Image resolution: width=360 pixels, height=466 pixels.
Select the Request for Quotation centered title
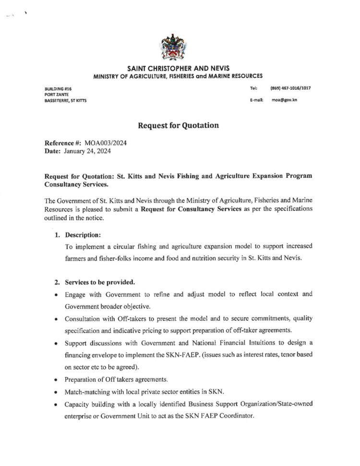tap(178, 125)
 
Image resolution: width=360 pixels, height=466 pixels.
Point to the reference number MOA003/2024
tap(105, 143)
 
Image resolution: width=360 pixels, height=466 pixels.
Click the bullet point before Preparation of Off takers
tap(57, 379)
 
